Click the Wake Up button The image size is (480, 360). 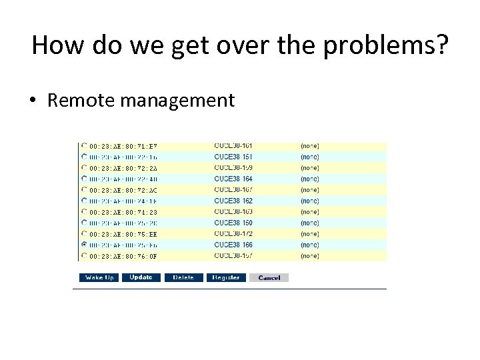coord(99,277)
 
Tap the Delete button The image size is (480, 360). coord(183,277)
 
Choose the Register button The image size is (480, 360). coord(226,277)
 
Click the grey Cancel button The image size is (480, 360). coord(269,277)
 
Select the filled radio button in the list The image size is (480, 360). coord(84,245)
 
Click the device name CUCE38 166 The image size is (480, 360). coord(233,245)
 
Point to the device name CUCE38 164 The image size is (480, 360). coord(233,179)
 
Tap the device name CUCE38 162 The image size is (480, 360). coord(233,201)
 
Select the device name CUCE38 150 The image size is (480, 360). coord(233,223)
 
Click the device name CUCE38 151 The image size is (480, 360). coord(233,157)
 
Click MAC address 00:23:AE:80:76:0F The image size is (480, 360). coord(123,256)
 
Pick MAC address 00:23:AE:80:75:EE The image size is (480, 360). coord(123,234)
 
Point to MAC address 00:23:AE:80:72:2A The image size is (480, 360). coord(123,168)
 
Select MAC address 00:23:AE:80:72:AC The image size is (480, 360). coord(123,190)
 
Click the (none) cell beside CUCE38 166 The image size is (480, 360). coord(309,245)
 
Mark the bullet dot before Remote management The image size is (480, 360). coord(33,101)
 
